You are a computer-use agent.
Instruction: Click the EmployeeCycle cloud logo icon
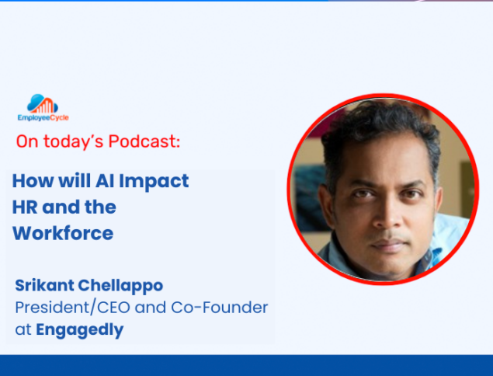tap(43, 103)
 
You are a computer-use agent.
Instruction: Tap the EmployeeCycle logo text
tap(43, 117)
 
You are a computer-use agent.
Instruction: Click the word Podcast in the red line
tap(144, 141)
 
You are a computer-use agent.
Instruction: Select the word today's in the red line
tap(73, 141)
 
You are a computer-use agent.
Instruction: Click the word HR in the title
tap(25, 207)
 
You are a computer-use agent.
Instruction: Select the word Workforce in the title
tap(63, 233)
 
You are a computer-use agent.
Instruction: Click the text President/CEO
tap(73, 308)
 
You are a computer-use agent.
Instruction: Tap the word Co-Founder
tap(220, 308)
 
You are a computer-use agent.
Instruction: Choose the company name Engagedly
tap(80, 330)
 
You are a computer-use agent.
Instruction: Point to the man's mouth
tap(389, 244)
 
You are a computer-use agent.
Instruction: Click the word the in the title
tap(101, 207)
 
